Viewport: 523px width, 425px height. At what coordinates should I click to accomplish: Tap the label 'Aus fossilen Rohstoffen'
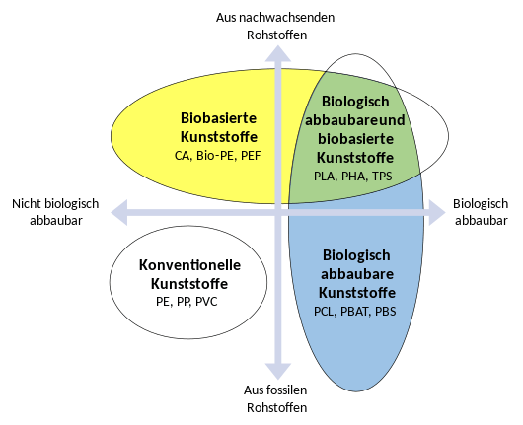point(277,398)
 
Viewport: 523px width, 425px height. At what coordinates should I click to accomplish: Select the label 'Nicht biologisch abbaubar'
point(55,212)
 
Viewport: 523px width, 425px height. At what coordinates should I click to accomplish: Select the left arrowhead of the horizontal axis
point(121,209)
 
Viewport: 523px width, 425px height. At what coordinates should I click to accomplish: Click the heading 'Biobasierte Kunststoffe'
point(219,126)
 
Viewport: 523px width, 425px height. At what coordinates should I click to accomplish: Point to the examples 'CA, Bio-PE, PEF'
point(219,156)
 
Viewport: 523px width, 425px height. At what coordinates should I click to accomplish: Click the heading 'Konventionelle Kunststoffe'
point(189,274)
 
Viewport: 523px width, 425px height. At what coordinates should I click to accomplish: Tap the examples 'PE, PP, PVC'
point(187,301)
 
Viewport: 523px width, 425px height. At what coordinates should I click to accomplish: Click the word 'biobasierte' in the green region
point(356,139)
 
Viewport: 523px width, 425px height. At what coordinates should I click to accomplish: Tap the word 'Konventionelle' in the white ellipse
point(189,265)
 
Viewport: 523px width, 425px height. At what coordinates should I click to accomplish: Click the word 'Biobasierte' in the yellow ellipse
point(219,117)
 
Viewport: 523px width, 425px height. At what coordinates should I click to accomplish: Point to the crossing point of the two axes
point(279,209)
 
